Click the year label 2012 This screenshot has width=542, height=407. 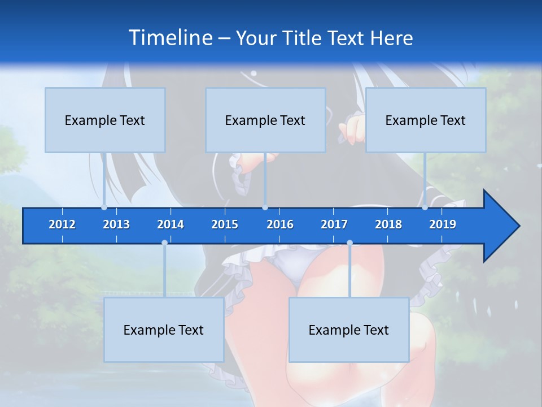[62, 224]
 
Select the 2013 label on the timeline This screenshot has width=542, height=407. [116, 224]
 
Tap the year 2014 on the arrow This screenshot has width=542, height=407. [171, 224]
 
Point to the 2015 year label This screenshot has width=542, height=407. [225, 224]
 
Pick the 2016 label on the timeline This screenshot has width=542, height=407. [280, 224]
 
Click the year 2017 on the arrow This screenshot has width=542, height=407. [334, 224]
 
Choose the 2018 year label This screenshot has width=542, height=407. [388, 224]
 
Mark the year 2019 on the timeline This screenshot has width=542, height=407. [443, 224]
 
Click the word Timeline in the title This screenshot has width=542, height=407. [171, 37]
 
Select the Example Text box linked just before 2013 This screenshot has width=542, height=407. [105, 120]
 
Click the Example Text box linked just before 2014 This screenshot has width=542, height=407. [164, 330]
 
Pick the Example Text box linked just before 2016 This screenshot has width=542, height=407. [265, 120]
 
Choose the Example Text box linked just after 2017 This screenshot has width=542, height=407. [349, 330]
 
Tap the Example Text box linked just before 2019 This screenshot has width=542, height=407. [426, 120]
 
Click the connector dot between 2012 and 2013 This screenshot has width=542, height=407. [104, 207]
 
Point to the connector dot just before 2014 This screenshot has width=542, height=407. [164, 243]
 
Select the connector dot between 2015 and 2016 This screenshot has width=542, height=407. [265, 207]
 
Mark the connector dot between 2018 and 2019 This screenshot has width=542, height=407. [425, 207]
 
